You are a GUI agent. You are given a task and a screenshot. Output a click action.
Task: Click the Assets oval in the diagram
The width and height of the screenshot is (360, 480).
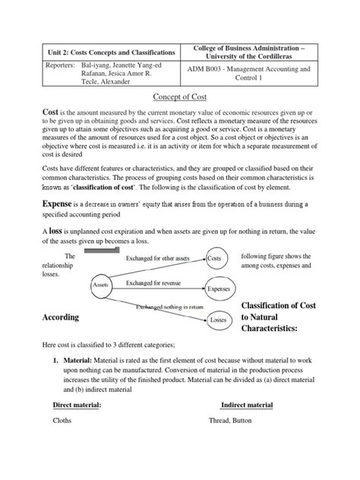[x=100, y=286]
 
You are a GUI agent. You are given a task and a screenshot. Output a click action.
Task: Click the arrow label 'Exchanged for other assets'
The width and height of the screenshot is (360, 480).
[x=160, y=259]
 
